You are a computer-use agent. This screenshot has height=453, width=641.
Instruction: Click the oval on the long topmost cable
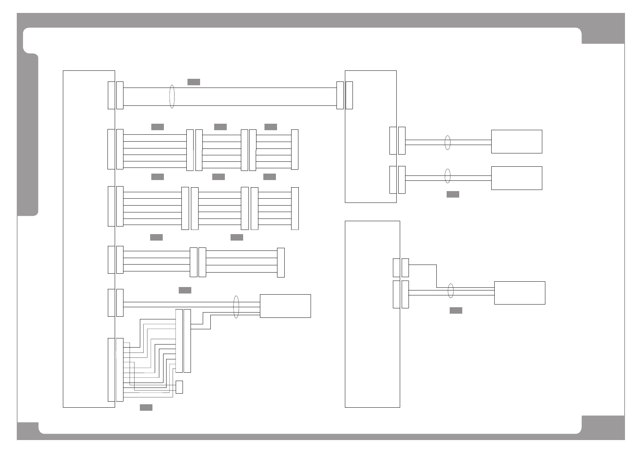pyautogui.click(x=172, y=97)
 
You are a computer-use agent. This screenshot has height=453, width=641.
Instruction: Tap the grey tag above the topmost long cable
pyautogui.click(x=194, y=82)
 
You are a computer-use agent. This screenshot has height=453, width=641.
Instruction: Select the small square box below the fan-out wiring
pyautogui.click(x=179, y=387)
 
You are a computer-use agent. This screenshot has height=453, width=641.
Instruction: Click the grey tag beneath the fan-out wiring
pyautogui.click(x=146, y=408)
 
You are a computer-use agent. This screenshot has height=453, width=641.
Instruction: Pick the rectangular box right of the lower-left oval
pyautogui.click(x=285, y=306)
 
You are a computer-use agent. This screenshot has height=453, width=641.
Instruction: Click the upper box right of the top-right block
pyautogui.click(x=516, y=142)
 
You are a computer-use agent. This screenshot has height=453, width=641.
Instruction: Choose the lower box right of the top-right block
pyautogui.click(x=516, y=178)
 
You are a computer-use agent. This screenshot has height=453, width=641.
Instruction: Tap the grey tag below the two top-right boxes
pyautogui.click(x=453, y=195)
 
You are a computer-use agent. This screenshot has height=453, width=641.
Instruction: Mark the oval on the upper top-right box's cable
pyautogui.click(x=448, y=142)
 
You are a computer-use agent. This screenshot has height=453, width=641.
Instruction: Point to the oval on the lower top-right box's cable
pyautogui.click(x=448, y=176)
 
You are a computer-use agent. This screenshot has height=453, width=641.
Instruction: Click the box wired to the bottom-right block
pyautogui.click(x=519, y=293)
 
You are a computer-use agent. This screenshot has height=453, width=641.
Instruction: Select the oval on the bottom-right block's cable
pyautogui.click(x=451, y=291)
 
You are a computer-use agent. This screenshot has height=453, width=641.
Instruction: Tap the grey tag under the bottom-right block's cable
pyautogui.click(x=456, y=311)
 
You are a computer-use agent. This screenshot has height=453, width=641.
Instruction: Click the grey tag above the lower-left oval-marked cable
pyautogui.click(x=185, y=290)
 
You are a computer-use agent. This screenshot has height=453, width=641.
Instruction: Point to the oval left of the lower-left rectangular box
pyautogui.click(x=236, y=307)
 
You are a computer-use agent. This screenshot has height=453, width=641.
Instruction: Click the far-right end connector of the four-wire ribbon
pyautogui.click(x=281, y=262)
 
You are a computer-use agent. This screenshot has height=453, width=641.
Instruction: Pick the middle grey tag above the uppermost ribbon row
pyautogui.click(x=220, y=127)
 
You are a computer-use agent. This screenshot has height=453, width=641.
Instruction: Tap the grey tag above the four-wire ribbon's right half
pyautogui.click(x=237, y=238)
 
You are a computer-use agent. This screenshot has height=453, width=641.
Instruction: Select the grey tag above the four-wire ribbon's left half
pyautogui.click(x=156, y=238)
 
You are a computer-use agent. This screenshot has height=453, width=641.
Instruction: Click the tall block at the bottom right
pyautogui.click(x=372, y=314)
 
